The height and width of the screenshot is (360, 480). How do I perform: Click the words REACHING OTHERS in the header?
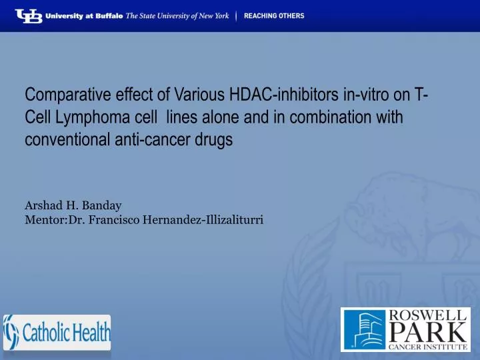coord(273,16)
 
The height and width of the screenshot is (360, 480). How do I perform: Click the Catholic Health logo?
coord(57,332)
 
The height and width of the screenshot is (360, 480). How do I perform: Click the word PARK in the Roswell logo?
coord(429,331)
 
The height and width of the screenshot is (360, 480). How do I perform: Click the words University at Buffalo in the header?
coord(83,16)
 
